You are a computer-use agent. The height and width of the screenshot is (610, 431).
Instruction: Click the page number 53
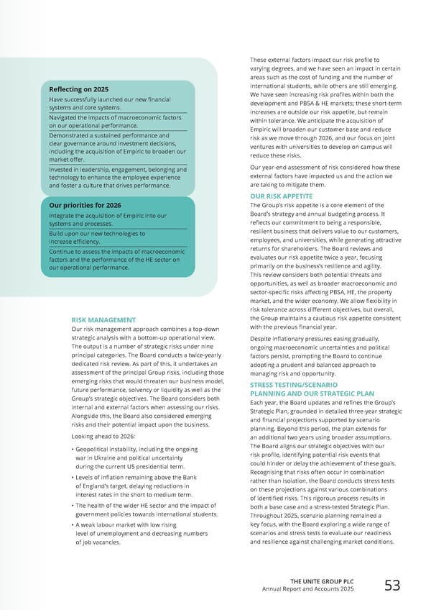392,586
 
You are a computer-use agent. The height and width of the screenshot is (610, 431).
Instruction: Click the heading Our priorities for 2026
85,204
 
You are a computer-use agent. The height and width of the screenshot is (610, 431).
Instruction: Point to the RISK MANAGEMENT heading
103,320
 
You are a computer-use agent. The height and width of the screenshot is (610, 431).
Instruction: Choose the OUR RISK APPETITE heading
281,196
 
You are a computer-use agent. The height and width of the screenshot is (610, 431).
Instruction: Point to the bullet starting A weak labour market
129,525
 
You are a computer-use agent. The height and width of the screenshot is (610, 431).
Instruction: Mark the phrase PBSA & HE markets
320,104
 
